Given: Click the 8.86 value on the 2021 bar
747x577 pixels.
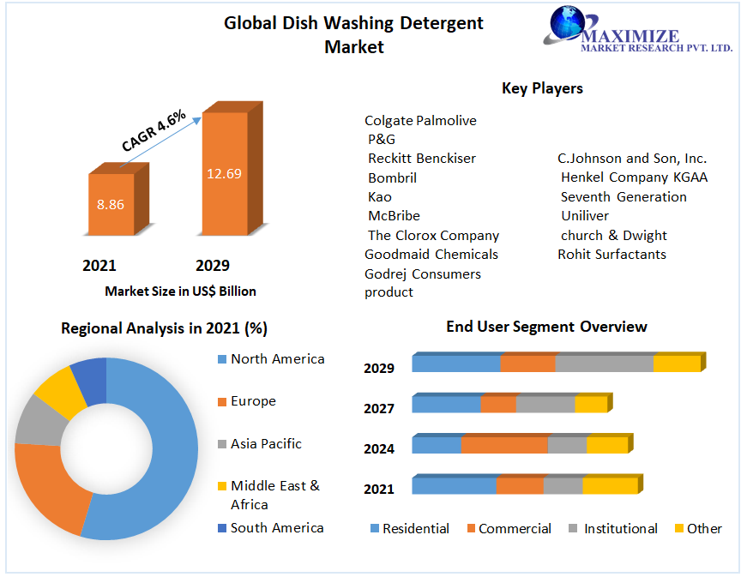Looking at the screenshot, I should [x=111, y=205].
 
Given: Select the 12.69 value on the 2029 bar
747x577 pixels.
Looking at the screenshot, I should [x=224, y=173].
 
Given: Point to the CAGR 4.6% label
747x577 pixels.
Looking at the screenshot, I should [x=154, y=131].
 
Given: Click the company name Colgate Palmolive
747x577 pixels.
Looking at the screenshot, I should [x=420, y=121].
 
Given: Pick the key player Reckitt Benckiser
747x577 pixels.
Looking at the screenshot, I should [x=422, y=159].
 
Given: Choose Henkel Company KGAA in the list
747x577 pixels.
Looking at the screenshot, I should [x=634, y=177].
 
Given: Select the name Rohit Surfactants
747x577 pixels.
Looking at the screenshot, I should [x=611, y=254].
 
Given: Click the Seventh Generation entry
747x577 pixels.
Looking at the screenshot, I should [x=624, y=197].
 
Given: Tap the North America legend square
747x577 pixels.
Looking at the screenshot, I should [x=221, y=359].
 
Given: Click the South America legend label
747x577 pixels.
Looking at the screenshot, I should [x=277, y=528].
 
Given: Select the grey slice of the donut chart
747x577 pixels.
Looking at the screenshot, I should [x=38, y=420].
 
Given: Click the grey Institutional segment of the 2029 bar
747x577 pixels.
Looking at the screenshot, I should [x=604, y=363].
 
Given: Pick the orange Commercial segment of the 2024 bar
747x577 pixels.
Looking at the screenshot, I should [x=503, y=445].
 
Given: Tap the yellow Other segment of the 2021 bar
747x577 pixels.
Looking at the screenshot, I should [x=610, y=486].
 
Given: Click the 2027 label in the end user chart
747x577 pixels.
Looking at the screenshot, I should [x=379, y=408].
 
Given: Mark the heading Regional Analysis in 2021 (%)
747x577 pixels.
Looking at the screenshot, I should [x=164, y=328].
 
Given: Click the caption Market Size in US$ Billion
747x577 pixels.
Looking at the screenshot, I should [x=180, y=292].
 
